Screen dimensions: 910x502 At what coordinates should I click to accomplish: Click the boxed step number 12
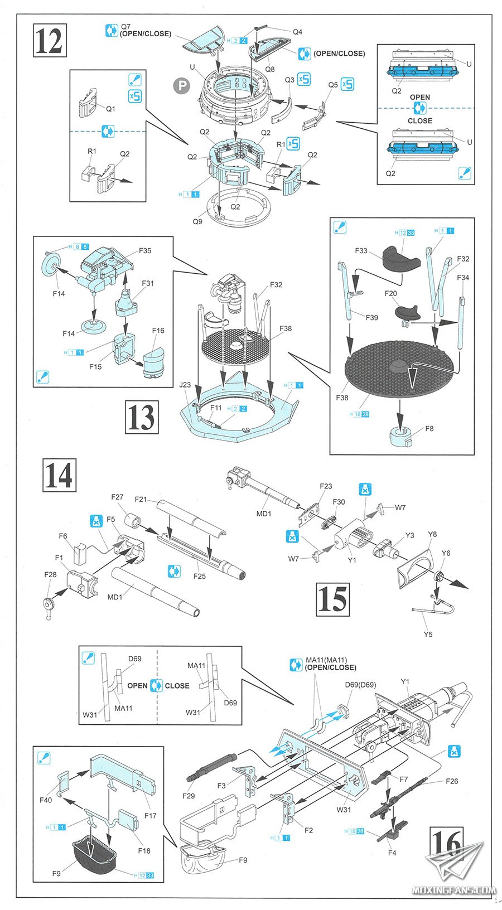point(49,40)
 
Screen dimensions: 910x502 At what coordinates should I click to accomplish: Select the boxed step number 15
point(332,599)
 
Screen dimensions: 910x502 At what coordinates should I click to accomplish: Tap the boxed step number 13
point(142,417)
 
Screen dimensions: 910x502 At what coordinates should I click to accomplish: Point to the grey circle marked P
point(181,85)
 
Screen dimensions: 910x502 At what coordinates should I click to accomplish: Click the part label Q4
point(297,32)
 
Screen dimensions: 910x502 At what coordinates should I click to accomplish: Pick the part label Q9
point(197,221)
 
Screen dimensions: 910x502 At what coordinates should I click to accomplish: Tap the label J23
point(185,385)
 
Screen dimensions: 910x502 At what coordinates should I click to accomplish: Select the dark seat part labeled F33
point(401,256)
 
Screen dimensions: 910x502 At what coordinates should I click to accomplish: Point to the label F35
point(145,250)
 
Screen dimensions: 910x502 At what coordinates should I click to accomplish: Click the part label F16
point(158,331)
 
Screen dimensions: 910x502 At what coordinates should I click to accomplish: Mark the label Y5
point(428,634)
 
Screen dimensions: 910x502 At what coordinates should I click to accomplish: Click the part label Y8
point(432,534)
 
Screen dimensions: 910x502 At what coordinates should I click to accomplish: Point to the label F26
point(452,781)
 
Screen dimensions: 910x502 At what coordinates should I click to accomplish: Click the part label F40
point(46,800)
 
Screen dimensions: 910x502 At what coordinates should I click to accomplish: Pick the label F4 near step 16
point(392,853)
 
